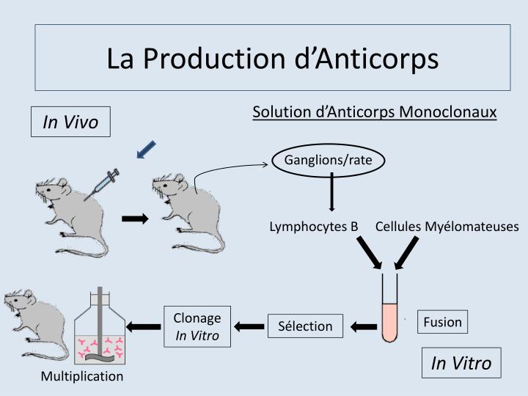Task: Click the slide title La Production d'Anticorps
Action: (272, 58)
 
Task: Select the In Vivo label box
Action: (70, 122)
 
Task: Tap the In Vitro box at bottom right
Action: (461, 363)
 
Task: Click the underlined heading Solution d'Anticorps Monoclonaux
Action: (375, 112)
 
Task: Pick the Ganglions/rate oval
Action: (328, 160)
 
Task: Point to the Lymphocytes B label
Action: (313, 227)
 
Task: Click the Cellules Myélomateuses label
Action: (447, 227)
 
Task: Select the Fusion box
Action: (442, 321)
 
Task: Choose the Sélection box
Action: (305, 326)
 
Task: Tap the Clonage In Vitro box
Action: (197, 326)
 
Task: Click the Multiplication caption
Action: (82, 376)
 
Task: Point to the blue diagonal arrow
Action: (147, 149)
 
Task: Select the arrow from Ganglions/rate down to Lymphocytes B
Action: (332, 192)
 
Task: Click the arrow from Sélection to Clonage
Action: (249, 326)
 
